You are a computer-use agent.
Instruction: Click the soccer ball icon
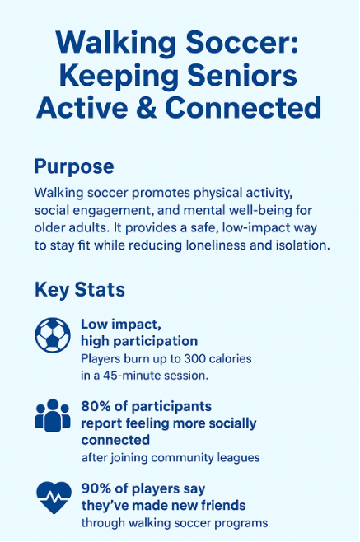coord(53,335)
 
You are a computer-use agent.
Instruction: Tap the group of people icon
coord(53,415)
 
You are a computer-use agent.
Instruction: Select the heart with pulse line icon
coord(54,498)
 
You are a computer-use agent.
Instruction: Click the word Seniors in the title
coord(242,77)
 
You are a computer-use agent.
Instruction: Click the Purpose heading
coord(74,167)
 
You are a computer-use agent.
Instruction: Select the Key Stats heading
coord(80,290)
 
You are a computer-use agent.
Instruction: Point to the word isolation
coord(302,245)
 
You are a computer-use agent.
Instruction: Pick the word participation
coord(155,342)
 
